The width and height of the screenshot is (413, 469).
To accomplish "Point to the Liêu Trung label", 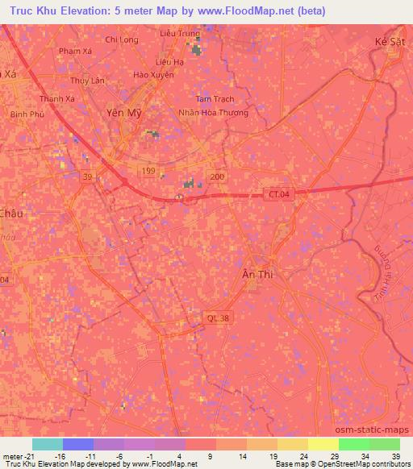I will [x=178, y=34].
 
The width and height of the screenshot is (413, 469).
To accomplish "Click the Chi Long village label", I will [x=122, y=39].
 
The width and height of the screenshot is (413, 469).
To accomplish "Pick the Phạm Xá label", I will [x=76, y=51].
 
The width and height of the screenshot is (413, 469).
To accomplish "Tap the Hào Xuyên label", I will [x=152, y=75].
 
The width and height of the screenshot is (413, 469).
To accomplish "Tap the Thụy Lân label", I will [x=87, y=81].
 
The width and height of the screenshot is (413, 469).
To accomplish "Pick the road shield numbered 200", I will [x=216, y=176].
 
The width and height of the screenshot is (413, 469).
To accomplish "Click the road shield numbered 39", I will [x=86, y=176].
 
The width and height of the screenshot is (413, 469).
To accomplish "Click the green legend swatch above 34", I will [x=354, y=444].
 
